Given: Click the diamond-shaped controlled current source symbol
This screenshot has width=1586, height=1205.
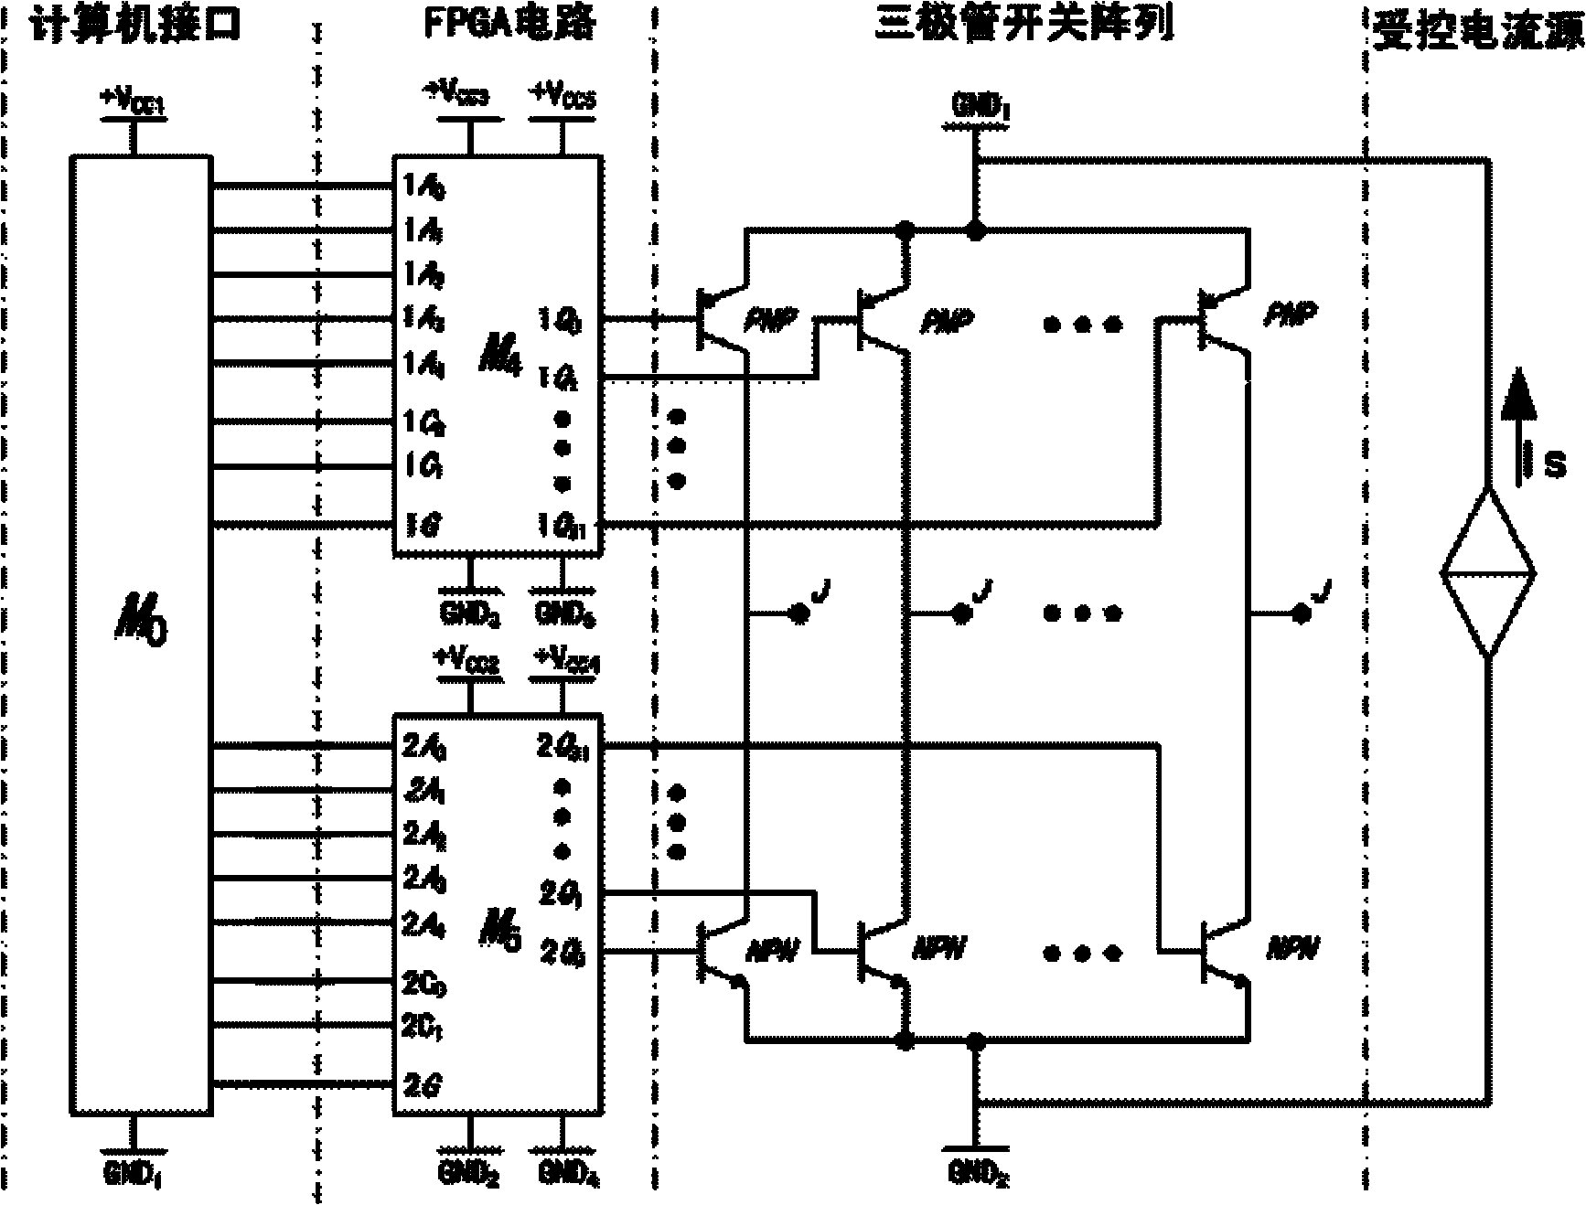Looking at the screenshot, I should tap(1488, 573).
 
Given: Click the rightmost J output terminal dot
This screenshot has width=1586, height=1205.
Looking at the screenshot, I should tap(1299, 615).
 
